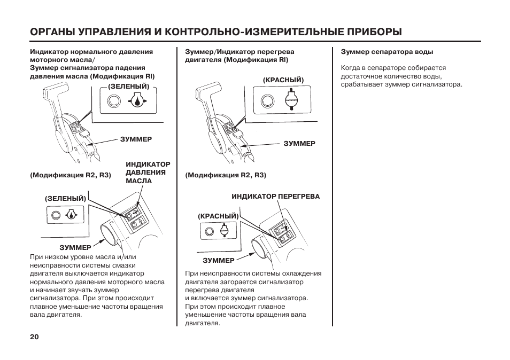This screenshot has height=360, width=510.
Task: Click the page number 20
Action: click(34, 337)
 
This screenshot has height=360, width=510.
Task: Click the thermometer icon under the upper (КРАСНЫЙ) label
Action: click(291, 100)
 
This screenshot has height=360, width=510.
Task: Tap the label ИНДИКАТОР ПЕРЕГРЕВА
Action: click(275, 197)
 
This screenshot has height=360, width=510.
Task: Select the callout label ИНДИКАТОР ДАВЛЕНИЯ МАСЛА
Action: click(148, 173)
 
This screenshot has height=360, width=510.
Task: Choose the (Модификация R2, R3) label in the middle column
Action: click(226, 175)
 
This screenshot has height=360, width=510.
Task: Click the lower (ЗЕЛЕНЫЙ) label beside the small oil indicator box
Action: click(65, 198)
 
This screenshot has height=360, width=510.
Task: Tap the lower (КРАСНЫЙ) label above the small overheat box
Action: click(218, 216)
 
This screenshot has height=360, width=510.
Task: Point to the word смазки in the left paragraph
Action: click(124, 265)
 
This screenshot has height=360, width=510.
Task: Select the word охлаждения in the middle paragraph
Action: click(301, 273)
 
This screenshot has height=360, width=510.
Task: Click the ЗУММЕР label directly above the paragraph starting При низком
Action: click(75, 248)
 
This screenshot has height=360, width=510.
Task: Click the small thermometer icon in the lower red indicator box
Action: click(224, 231)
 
